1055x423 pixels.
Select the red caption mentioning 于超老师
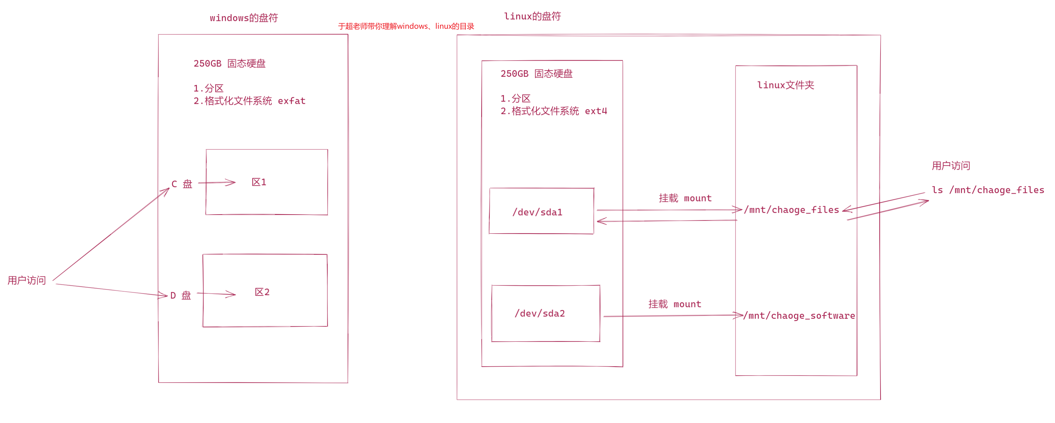click(x=406, y=26)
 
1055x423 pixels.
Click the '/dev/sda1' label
click(x=537, y=212)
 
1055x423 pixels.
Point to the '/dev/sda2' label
click(x=540, y=314)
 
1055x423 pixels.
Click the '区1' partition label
click(x=259, y=182)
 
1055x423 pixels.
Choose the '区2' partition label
click(x=262, y=292)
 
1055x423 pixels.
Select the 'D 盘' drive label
click(x=181, y=296)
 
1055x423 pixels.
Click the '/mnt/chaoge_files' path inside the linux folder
click(x=791, y=210)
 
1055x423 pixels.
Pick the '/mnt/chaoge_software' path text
click(x=799, y=316)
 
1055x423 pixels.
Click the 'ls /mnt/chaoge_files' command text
click(x=988, y=190)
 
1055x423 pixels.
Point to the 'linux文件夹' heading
click(x=786, y=85)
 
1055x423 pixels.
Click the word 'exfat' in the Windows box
click(x=292, y=101)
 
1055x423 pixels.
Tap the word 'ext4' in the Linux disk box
click(x=596, y=111)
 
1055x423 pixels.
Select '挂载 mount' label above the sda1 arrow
click(x=685, y=198)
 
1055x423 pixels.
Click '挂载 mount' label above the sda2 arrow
click(x=675, y=304)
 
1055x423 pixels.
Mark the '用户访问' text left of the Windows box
click(x=27, y=280)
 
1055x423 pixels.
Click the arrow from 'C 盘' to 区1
click(x=217, y=183)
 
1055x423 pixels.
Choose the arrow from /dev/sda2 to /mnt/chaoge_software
click(x=672, y=316)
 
